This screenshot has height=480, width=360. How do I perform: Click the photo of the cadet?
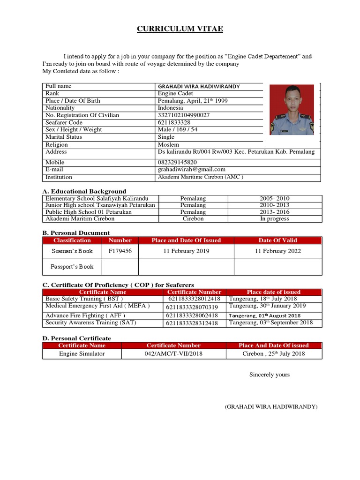[292, 110]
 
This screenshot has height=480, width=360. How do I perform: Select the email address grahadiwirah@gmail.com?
[192, 169]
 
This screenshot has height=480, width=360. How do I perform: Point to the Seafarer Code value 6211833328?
[174, 122]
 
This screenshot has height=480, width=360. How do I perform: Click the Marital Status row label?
[64, 137]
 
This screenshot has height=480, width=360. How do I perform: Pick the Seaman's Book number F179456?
[120, 251]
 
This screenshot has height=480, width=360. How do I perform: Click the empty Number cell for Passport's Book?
[120, 267]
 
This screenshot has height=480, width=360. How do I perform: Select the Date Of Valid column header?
[277, 240]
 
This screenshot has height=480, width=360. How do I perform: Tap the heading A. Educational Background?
[84, 191]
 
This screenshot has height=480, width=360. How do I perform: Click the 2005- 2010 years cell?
[275, 199]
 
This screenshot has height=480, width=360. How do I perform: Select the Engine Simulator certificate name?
[82, 353]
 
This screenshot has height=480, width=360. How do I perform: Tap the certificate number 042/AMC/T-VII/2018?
[173, 353]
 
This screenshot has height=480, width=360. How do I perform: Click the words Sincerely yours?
[270, 375]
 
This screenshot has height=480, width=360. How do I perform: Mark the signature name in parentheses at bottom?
[271, 406]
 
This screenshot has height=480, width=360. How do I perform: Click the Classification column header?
[72, 240]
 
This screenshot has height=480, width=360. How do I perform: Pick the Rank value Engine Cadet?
[175, 94]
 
